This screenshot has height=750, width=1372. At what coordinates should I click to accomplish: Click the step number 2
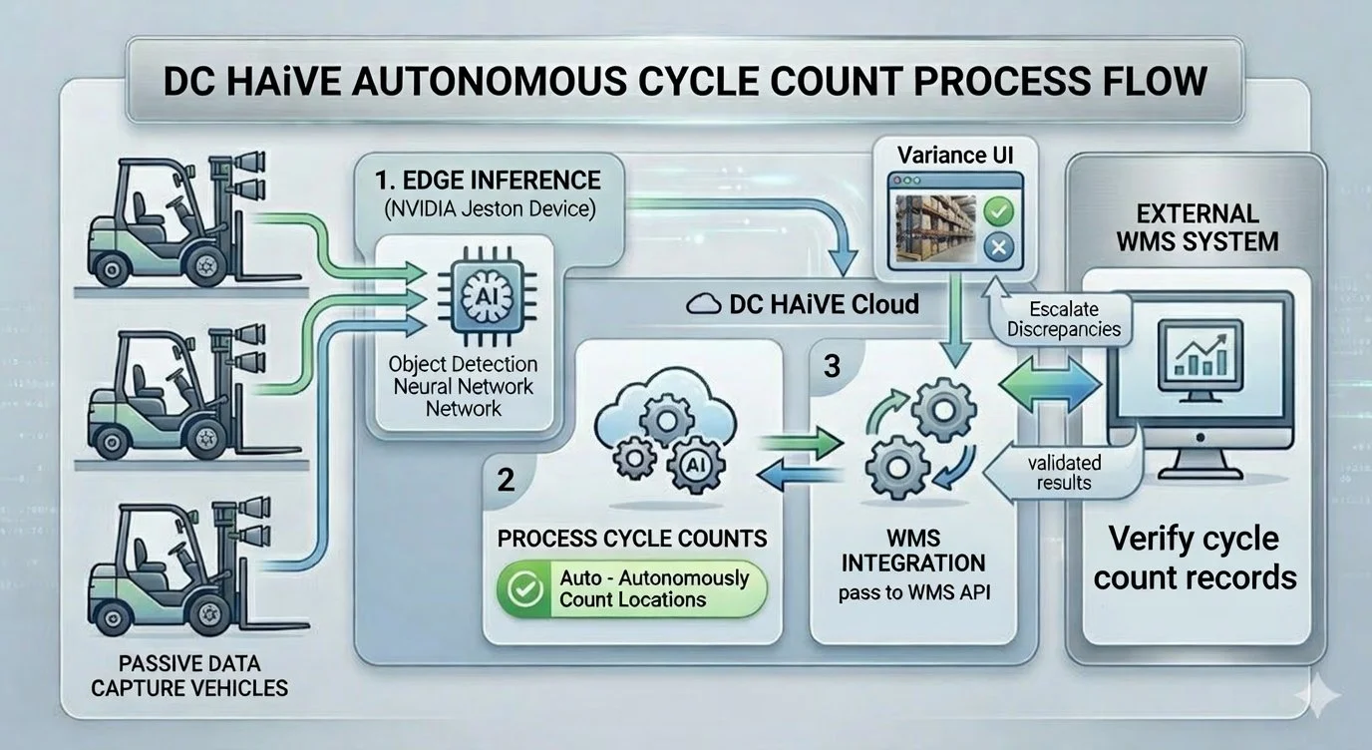pyautogui.click(x=506, y=480)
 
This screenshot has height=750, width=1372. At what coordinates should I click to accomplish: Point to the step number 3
pyautogui.click(x=832, y=366)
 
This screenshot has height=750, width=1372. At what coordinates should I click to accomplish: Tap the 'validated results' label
pyautogui.click(x=1064, y=472)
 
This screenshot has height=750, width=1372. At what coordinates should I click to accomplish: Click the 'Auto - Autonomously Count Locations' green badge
pyautogui.click(x=632, y=587)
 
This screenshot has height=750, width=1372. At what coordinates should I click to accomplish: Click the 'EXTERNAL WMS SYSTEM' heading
pyautogui.click(x=1196, y=227)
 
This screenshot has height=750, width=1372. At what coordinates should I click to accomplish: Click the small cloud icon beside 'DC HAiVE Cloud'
pyautogui.click(x=706, y=303)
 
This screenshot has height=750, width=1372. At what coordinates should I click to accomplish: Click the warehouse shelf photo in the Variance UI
pyautogui.click(x=934, y=227)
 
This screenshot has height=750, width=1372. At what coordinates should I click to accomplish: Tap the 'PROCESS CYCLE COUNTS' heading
pyautogui.click(x=632, y=538)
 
